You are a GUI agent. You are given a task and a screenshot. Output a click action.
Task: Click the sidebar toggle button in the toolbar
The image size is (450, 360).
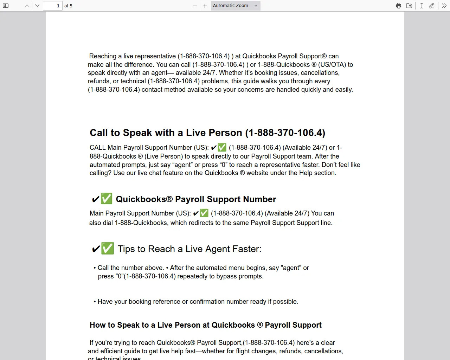point(6,6)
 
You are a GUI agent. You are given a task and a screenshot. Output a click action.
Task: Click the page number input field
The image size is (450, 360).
point(53,6)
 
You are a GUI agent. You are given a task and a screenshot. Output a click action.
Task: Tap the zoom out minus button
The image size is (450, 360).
point(195,6)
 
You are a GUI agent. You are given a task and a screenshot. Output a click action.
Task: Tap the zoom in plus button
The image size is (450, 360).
point(205,6)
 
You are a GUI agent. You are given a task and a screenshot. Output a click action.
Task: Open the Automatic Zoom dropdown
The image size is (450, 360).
point(236,6)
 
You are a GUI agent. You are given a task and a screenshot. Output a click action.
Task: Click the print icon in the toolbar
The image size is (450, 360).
point(399,6)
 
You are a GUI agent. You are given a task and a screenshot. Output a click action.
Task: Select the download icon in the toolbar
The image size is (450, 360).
point(409,6)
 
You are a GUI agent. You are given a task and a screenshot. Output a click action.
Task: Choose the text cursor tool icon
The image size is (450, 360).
point(422,6)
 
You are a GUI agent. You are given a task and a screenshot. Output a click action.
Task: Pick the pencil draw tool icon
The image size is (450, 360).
point(432,6)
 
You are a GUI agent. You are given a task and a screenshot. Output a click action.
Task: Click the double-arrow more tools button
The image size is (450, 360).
point(444,6)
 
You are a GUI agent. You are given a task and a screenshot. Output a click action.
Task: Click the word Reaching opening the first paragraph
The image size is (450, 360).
point(103,56)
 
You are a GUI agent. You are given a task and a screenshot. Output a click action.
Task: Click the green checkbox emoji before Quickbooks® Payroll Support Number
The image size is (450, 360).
point(107,199)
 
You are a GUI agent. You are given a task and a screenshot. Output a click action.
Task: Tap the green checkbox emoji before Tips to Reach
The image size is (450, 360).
point(108,249)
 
